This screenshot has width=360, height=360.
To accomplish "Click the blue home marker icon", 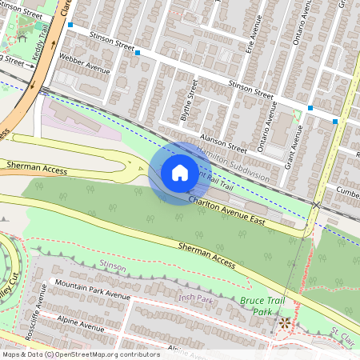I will [x=180, y=173].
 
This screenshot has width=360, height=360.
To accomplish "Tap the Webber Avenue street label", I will [x=85, y=64].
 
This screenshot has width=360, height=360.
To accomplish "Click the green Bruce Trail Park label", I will [x=258, y=306].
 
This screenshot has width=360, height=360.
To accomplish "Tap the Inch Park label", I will [x=196, y=299].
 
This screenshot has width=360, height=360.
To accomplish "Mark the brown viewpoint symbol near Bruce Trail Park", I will [x=283, y=323].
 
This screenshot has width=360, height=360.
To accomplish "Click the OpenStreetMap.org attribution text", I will [x=100, y=354].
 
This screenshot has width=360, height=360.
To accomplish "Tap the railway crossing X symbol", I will [x=317, y=206].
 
